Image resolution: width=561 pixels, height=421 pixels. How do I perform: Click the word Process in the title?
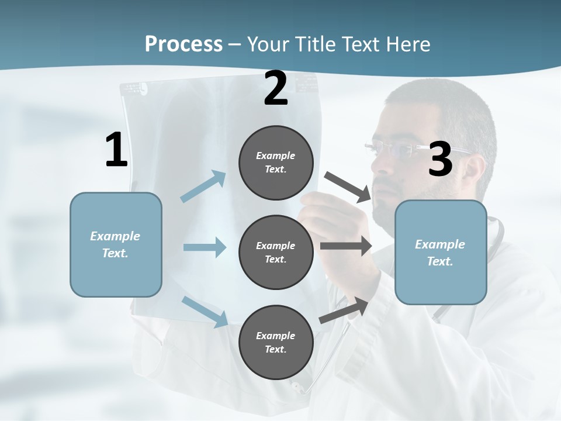tap(183, 44)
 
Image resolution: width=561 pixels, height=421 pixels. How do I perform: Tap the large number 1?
tap(116, 150)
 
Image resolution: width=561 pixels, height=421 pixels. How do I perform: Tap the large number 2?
tap(276, 89)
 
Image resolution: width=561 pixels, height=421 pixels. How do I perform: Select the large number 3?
tap(440, 160)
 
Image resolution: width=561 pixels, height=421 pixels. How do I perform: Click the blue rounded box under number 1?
tap(116, 244)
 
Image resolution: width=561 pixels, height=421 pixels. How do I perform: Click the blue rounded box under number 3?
tap(441, 252)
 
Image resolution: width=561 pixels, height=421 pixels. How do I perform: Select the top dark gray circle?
tap(276, 163)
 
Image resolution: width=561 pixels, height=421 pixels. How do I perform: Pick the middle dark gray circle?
tap(276, 252)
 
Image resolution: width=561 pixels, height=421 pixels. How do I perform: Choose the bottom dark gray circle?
tap(276, 342)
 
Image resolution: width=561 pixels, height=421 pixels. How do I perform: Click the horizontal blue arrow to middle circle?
tap(205, 247)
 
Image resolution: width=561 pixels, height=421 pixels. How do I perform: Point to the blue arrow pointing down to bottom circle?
tap(205, 312)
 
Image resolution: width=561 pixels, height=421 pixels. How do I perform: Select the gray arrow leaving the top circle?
tap(348, 187)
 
